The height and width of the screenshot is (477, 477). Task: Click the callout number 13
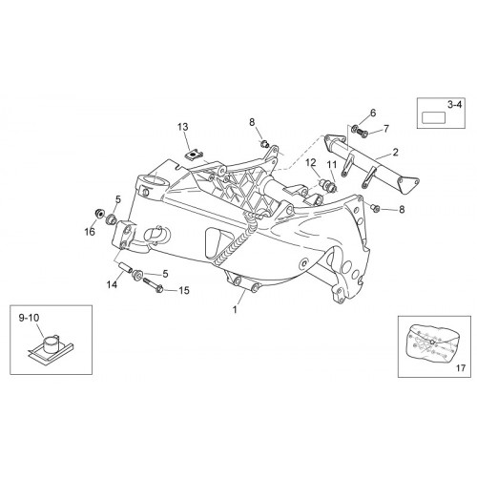183,127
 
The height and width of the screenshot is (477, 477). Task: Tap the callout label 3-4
454,105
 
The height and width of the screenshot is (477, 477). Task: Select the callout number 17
461,368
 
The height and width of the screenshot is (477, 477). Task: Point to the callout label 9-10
30,318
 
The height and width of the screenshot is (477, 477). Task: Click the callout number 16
90,232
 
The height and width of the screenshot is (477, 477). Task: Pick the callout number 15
184,290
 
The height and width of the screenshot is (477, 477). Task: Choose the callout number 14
112,284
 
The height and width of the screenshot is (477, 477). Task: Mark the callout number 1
235,309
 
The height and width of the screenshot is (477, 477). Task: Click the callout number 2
395,153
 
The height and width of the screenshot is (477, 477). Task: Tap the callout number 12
311,163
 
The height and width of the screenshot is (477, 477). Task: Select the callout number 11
331,164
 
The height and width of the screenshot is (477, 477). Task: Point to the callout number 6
373,113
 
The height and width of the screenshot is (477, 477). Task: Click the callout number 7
386,129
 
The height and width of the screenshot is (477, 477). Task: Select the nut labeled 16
100,213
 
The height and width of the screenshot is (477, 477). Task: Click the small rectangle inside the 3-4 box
433,117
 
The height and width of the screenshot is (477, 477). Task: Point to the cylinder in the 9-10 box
50,343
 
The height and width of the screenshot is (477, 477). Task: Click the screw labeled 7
363,132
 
